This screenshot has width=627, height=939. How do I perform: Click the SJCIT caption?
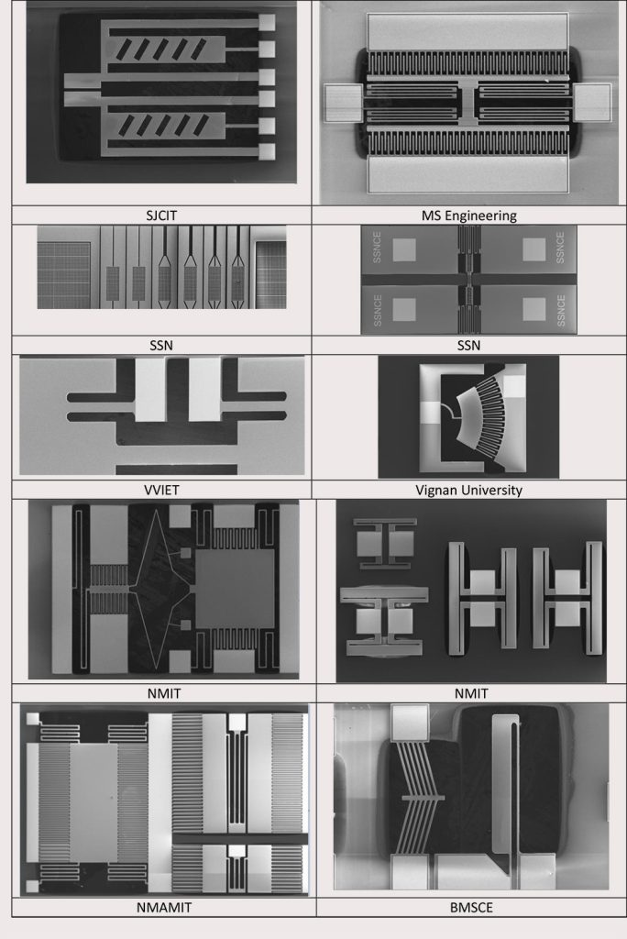161,215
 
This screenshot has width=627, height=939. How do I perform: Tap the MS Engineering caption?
469,215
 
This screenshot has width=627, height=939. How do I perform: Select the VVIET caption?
161,490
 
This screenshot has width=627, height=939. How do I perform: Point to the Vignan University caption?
469,490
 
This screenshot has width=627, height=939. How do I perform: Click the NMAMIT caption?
164,907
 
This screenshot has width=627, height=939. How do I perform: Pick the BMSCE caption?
471,907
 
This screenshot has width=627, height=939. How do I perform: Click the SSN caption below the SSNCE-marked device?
469,345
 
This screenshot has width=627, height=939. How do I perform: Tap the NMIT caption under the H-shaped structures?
471,693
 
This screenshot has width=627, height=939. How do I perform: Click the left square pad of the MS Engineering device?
343,103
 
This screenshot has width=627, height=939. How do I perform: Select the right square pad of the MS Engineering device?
592,103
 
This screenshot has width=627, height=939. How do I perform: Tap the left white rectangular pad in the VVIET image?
150,389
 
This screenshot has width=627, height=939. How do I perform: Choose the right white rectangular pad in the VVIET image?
204,389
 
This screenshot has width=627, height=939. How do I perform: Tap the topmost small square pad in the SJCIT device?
267,23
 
